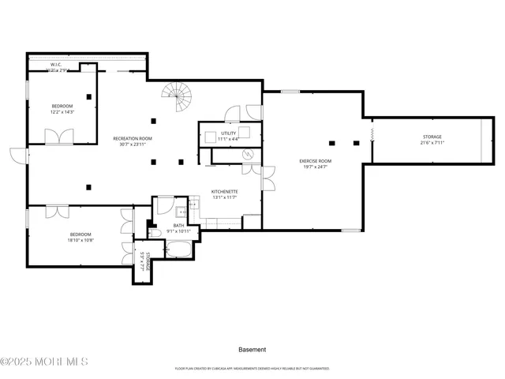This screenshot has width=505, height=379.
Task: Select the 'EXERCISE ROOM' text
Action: (315, 161)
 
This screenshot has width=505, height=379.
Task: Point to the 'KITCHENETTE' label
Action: (224, 191)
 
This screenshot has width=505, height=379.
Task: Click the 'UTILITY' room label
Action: (228, 133)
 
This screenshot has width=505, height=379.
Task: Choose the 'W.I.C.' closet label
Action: (56, 65)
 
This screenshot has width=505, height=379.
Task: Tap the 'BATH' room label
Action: (178, 225)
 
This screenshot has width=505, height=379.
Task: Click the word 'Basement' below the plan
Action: (252, 349)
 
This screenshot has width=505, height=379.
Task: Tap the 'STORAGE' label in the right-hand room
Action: (432, 137)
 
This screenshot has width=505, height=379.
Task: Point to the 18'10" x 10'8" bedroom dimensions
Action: (80, 240)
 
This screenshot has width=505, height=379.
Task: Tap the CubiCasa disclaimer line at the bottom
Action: (252, 368)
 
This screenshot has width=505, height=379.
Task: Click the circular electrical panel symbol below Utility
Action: (247, 154)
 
